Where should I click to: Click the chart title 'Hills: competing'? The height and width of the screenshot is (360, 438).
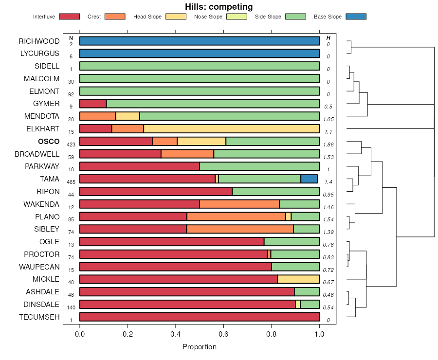click(219, 7)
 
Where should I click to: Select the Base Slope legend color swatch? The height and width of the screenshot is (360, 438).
click(356, 17)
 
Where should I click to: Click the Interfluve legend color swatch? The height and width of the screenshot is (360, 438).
click(69, 17)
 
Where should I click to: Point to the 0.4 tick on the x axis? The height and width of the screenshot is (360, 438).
click(175, 334)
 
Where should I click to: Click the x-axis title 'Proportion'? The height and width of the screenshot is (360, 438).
click(200, 347)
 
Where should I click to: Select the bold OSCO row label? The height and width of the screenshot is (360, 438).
click(49, 141)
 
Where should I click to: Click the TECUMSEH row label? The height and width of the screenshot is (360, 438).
click(39, 317)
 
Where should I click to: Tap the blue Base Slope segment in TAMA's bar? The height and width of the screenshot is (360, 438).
click(309, 179)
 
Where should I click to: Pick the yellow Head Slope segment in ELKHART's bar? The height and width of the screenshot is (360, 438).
click(231, 128)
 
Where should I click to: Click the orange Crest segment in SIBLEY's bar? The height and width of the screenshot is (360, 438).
click(240, 229)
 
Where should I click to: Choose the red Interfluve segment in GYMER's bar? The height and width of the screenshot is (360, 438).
click(93, 104)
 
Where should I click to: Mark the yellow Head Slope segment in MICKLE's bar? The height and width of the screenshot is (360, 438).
click(298, 279)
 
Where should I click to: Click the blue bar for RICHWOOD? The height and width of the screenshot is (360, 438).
click(200, 41)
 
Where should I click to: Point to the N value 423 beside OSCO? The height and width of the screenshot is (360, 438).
click(71, 144)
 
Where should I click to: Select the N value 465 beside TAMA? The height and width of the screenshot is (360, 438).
click(71, 182)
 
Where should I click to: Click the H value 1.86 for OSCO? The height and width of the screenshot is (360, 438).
click(328, 144)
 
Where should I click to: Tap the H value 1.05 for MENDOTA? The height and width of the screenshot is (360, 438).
click(328, 119)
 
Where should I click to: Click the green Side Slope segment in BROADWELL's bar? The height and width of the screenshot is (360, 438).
click(267, 154)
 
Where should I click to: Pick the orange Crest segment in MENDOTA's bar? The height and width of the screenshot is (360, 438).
click(98, 116)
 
